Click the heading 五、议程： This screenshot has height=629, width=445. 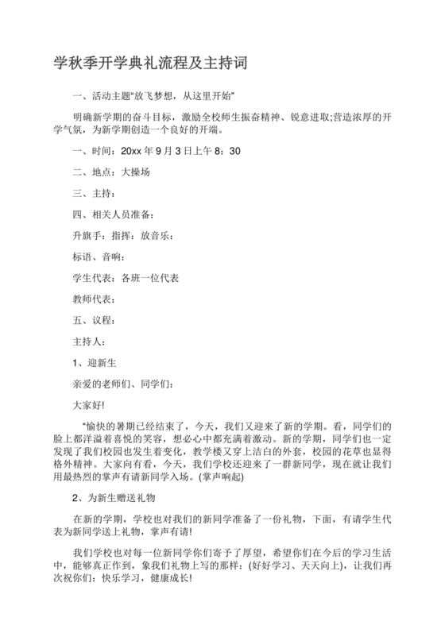tap(95, 320)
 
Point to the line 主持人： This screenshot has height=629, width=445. tap(89, 342)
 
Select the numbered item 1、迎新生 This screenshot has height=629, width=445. tap(95, 363)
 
